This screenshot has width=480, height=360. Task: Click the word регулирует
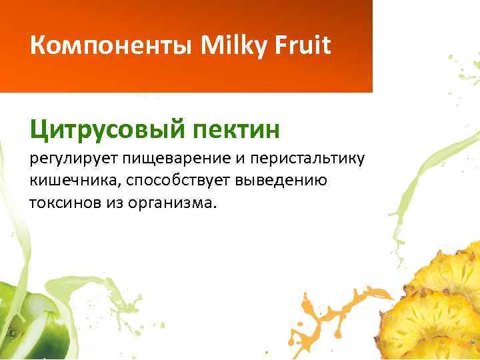(x=74, y=160)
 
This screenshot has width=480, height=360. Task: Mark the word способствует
(x=170, y=181)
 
